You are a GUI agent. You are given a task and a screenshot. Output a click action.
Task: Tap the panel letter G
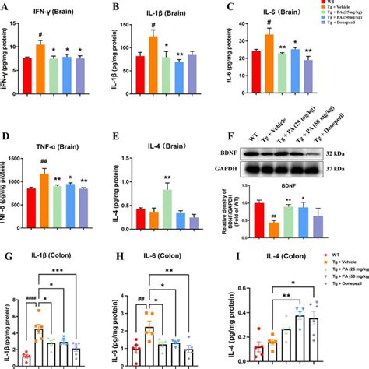(7, 250)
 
